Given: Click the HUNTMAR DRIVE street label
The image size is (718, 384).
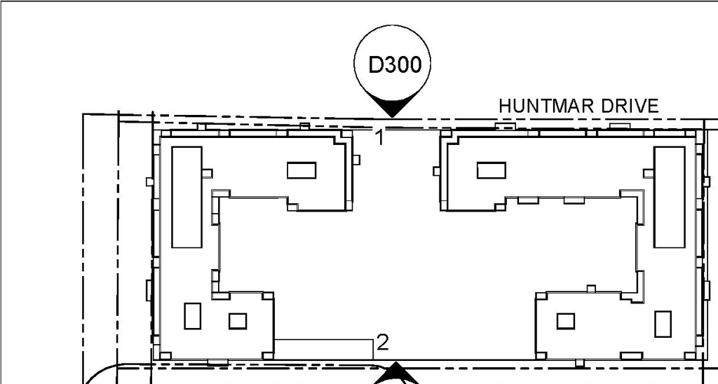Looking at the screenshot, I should click(578, 106).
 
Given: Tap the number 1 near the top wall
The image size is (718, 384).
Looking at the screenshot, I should click(379, 137).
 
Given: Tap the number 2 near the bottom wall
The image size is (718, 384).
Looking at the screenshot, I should click(382, 343).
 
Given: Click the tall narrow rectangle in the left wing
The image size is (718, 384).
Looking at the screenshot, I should click(187, 197).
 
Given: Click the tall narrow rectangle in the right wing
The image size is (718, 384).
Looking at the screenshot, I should click(669, 197).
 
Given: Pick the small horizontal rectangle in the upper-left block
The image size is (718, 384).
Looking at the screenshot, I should click(302, 170).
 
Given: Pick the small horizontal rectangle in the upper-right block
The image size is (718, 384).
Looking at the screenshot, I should click(491, 170).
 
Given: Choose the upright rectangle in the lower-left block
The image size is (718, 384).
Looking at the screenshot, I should click(192, 316).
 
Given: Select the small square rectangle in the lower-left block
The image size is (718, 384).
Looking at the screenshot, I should click(238, 321).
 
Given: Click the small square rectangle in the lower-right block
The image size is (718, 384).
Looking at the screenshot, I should click(566, 321).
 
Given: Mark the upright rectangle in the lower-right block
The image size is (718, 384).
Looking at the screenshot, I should click(663, 323).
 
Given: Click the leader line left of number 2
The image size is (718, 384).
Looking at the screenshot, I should click(323, 340).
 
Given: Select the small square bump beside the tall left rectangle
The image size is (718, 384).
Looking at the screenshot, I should click(207, 172).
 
